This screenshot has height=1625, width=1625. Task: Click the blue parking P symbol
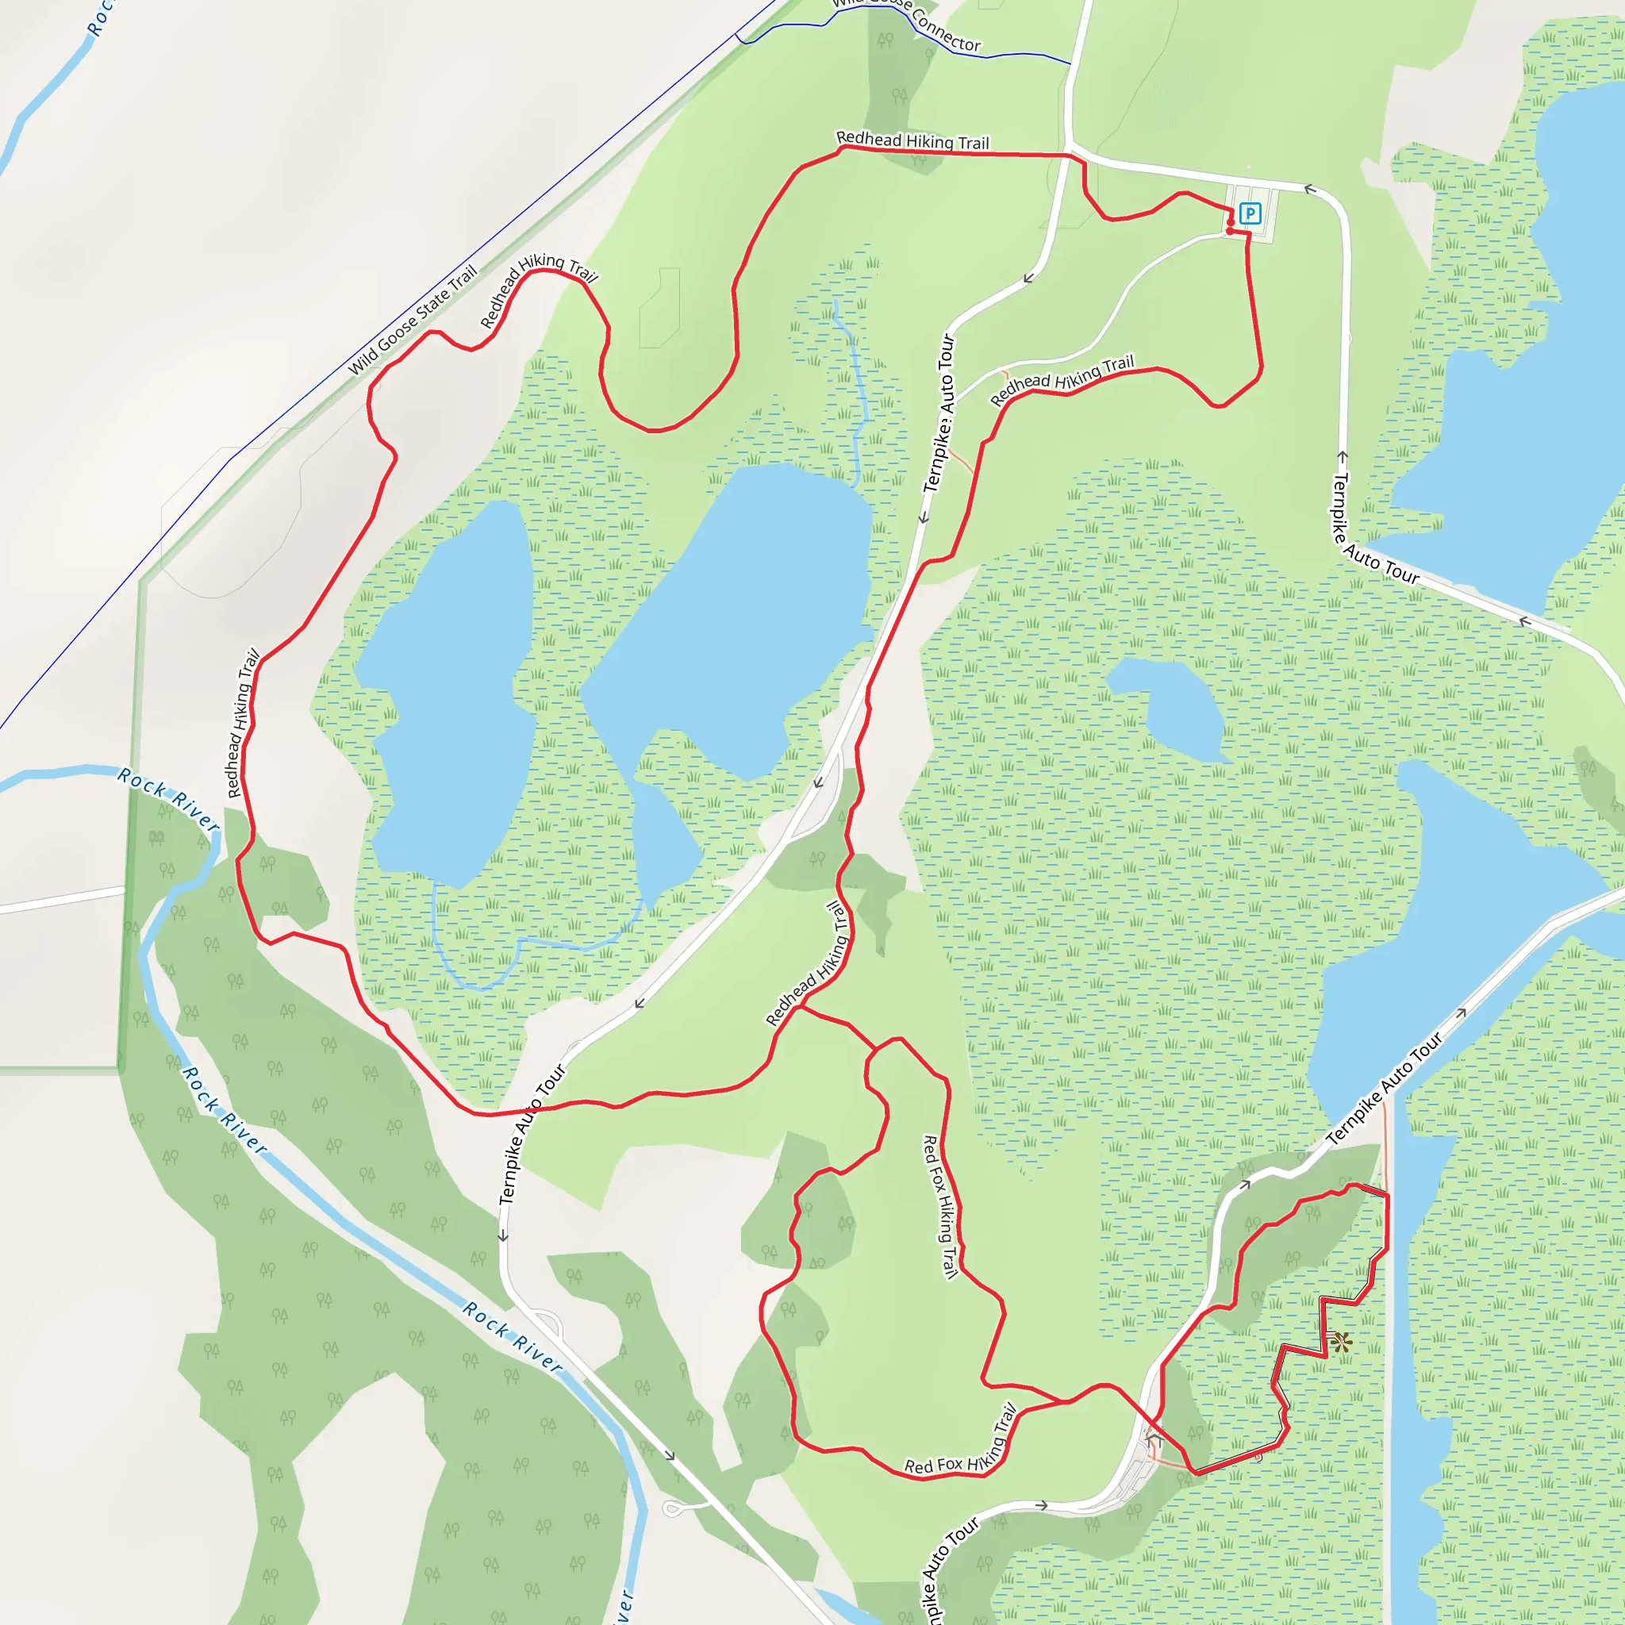pos(1250,213)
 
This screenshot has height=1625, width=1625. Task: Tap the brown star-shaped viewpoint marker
pos(1341,1342)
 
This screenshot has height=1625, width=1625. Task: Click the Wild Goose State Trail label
pos(412,320)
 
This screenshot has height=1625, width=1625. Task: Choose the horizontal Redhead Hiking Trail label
pos(912,140)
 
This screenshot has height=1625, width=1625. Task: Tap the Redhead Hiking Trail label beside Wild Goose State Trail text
pos(538,290)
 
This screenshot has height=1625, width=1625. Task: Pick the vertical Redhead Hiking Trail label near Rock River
pos(242,724)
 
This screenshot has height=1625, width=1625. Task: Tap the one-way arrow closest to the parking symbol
pos(1309,188)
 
